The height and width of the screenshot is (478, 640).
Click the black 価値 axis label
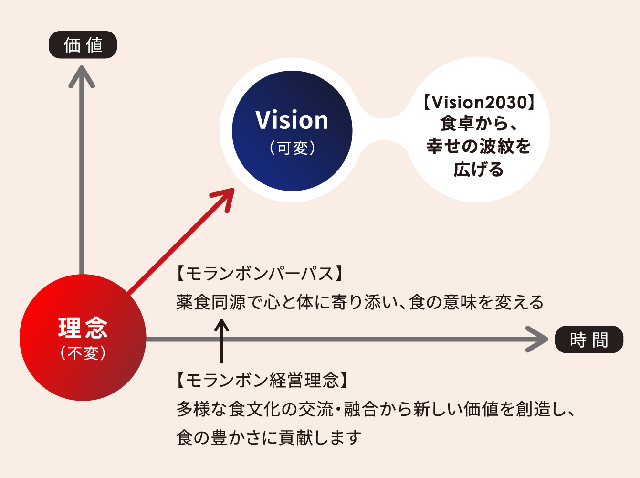point(83,45)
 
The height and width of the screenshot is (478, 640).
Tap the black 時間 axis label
point(589,340)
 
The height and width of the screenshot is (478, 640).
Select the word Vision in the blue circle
point(292,120)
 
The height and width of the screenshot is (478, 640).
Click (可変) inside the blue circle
point(292,148)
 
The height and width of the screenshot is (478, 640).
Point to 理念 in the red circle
point(83,328)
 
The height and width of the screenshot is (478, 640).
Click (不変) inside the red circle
point(83,353)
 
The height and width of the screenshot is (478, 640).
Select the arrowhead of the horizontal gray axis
point(538,339)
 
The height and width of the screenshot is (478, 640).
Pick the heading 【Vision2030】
point(479,102)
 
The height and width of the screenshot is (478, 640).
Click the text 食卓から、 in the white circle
point(479,124)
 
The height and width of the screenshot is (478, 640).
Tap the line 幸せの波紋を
point(479,147)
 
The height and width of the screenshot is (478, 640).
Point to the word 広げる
point(479,170)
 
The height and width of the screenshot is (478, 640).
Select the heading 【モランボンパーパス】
point(260,274)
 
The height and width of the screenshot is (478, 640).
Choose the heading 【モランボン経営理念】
point(263,380)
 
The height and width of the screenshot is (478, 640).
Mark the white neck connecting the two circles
point(385,129)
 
